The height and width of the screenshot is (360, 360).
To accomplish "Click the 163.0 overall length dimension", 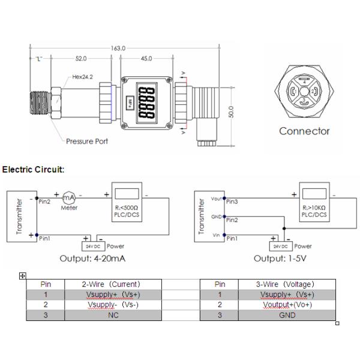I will click(118, 48).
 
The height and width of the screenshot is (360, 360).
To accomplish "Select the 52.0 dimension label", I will click(80, 59).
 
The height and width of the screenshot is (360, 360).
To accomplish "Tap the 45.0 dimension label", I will click(145, 59).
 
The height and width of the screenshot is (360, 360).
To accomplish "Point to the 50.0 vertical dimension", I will click(231, 112).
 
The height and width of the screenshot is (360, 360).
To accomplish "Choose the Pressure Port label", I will click(88, 142).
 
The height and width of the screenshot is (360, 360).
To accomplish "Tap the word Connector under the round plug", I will click(304, 131).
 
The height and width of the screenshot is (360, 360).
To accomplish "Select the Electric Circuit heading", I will click(33, 170).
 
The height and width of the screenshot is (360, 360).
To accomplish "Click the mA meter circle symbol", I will click(70, 199).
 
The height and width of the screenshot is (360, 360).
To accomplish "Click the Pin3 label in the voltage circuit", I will click(232, 202).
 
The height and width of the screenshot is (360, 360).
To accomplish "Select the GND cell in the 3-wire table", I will click(287, 314).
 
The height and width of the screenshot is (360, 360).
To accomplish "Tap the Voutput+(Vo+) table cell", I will click(287, 304).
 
